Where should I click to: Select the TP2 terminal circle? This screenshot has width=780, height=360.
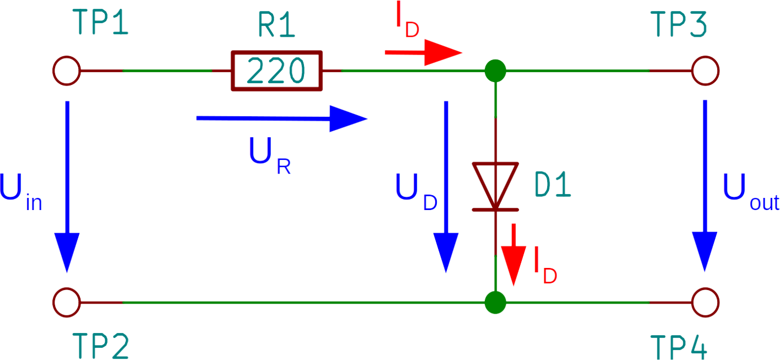coord(67,303)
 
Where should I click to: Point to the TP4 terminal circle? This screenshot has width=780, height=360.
coord(706,303)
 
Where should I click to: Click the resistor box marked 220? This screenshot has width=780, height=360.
coord(276,71)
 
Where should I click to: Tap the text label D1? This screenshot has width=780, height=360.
coord(553,186)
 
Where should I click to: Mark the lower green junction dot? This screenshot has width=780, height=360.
coord(495,303)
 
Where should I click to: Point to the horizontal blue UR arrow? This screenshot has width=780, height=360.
coord(281,119)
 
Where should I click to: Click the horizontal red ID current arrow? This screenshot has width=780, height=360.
coord(424,53)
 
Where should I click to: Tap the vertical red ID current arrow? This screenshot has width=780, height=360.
coord(514,254)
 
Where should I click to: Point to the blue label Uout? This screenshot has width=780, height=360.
coord(750,190)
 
